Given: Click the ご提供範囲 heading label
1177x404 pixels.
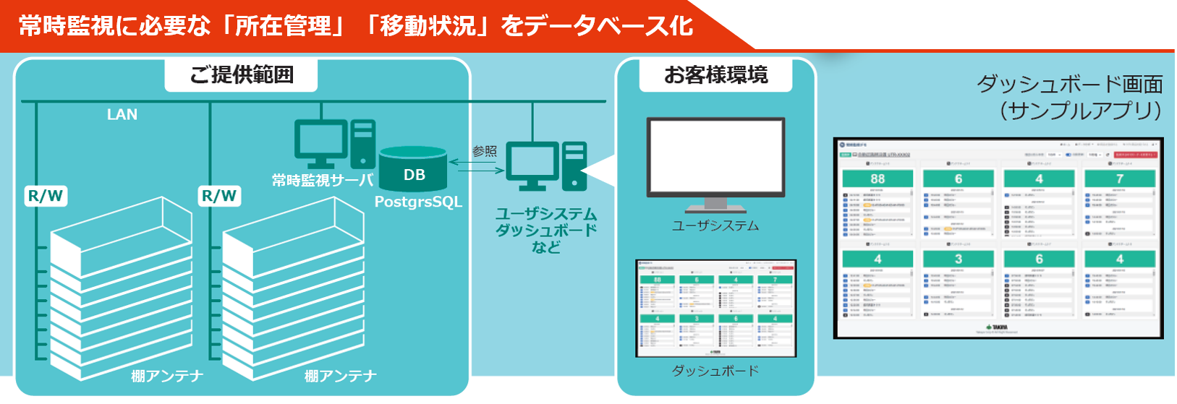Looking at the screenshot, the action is coord(241,75).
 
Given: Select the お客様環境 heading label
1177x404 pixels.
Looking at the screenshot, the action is coord(715,75).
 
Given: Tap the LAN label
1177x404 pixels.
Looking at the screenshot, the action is coord(122,115).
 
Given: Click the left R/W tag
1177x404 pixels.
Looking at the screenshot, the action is coord(46,196).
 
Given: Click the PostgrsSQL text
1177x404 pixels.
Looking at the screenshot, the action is coord(418,202).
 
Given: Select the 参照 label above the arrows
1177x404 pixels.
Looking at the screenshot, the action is coord(485,151).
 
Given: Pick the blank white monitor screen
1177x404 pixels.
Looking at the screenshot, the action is coord(715,155).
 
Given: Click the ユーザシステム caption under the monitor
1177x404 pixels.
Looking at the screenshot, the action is coord(715,226).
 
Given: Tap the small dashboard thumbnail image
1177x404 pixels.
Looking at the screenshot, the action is coord(715,308).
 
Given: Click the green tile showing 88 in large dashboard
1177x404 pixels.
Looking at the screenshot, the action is coord(878,179).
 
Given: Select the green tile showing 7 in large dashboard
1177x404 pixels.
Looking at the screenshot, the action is coord(1119,179).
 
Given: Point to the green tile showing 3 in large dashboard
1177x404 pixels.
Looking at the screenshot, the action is coord(959,259).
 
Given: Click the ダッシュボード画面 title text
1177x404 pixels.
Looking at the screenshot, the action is coord(1070,85).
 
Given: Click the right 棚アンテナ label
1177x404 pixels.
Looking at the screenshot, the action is coord(341,376).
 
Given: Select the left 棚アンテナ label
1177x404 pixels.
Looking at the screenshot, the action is coord(167,376).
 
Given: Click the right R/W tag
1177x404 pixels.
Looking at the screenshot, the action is coord(219,196).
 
